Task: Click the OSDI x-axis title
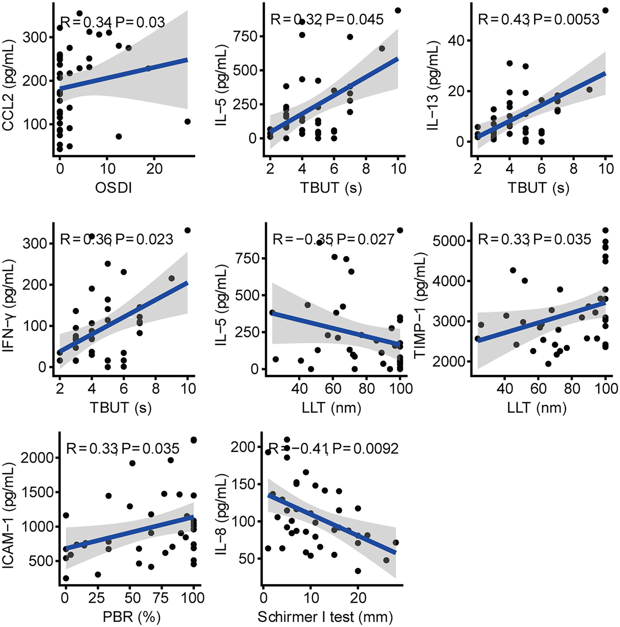click(x=113, y=188)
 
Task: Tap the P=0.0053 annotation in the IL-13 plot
click(x=566, y=20)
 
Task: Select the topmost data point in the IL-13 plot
click(x=605, y=10)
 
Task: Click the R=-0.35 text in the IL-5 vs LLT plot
click(x=302, y=240)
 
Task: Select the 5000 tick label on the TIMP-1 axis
click(x=448, y=241)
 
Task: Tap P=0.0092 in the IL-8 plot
click(x=365, y=448)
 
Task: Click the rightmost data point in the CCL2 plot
click(x=187, y=121)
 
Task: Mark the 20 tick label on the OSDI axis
click(x=154, y=169)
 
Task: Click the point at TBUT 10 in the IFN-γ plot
click(x=188, y=230)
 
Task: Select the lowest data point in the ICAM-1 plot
click(x=66, y=578)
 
